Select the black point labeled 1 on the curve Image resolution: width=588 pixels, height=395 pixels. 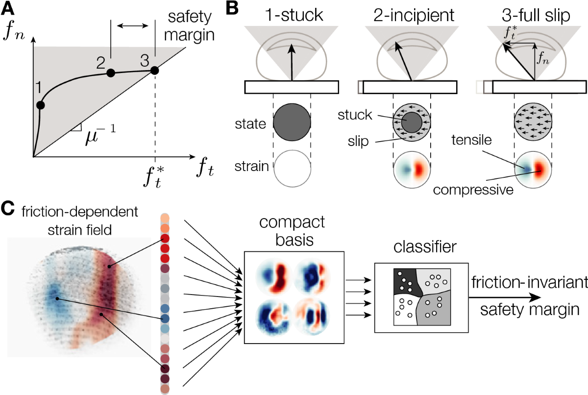click(x=40, y=105)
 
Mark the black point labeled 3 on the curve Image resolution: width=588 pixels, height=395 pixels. click(x=154, y=71)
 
